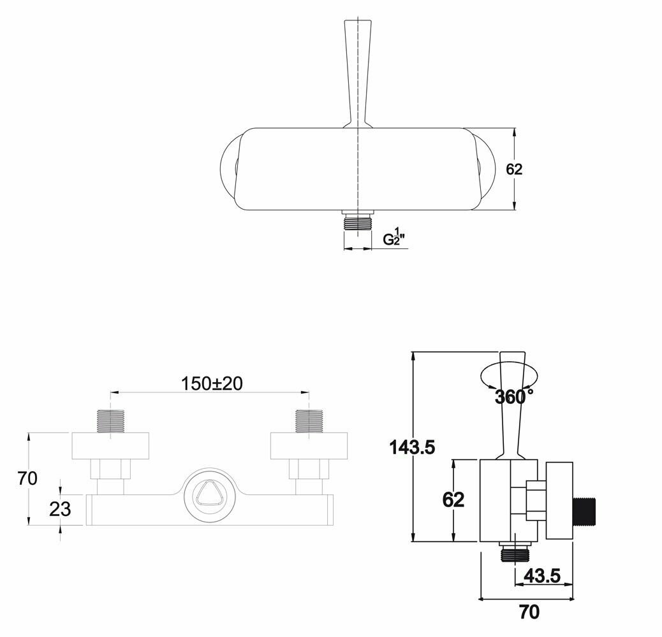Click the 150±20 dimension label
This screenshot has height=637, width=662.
[x=212, y=383]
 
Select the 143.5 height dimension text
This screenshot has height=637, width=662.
[x=411, y=447]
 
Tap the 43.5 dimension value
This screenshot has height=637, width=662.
[x=542, y=576]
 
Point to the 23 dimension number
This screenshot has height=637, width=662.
[x=60, y=509]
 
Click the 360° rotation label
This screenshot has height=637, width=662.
[x=514, y=397]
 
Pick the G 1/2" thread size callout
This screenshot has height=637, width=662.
[x=394, y=237]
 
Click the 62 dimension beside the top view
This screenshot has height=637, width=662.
[x=514, y=169]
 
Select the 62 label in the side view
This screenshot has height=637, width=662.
[x=453, y=499]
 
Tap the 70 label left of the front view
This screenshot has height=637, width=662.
[x=27, y=478]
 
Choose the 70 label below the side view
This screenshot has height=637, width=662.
[x=529, y=612]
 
